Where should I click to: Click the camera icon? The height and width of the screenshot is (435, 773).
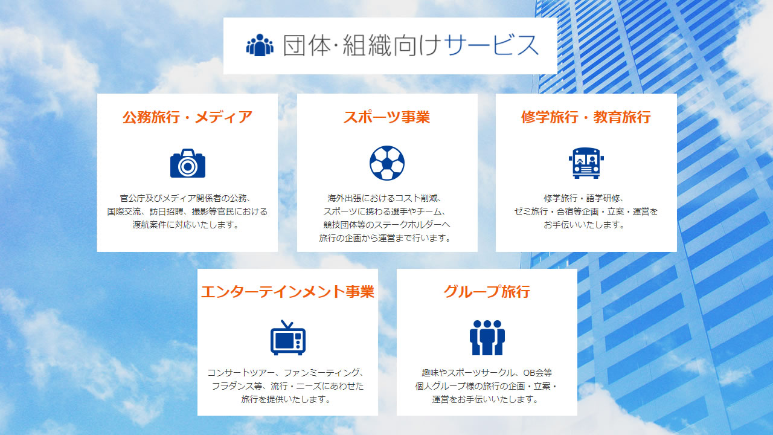tap(188, 163)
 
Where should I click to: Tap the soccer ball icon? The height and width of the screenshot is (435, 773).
tap(387, 163)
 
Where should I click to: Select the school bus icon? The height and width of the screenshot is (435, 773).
tap(586, 163)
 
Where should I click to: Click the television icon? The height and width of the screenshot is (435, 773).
tap(288, 337)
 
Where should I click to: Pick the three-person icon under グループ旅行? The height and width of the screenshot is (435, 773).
tap(487, 338)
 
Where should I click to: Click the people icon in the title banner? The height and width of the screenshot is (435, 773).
tap(260, 45)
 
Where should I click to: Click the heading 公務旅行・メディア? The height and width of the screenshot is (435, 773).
tap(187, 117)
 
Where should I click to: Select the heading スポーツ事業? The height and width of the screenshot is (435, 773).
tap(387, 117)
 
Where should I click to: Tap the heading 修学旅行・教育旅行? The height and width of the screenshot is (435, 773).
tap(586, 117)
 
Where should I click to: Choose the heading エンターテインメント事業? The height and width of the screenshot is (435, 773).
tap(288, 292)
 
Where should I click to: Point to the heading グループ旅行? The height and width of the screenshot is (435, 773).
tap(487, 292)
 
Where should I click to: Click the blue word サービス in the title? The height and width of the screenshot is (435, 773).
tap(492, 45)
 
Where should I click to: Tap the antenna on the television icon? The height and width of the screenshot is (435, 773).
tap(287, 324)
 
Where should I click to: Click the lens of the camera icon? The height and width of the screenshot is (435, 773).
tap(188, 166)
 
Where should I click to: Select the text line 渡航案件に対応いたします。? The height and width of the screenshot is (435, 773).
tap(187, 225)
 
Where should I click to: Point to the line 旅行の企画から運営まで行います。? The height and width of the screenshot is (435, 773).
tap(385, 238)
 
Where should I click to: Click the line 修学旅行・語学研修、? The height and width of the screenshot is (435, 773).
tap(584, 198)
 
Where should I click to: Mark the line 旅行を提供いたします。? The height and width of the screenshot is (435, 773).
tap(286, 399)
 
